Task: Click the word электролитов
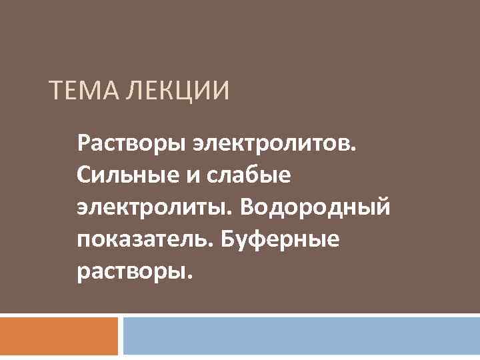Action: [x=274, y=142]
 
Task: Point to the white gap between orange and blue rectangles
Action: [x=121, y=337]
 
